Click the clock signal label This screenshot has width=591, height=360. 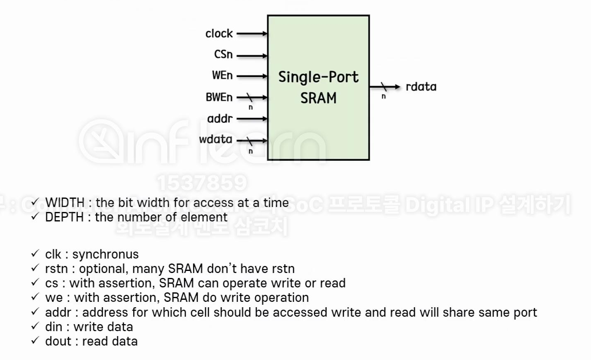[x=219, y=33]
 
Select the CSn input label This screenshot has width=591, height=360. [x=223, y=54]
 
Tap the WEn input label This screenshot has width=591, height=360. [x=222, y=75]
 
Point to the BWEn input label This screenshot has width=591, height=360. [x=219, y=97]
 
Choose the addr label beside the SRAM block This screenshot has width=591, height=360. [x=220, y=119]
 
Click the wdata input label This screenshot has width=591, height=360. [x=215, y=139]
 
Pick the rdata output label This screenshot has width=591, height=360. [x=421, y=87]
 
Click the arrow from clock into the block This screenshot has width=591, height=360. [x=252, y=34]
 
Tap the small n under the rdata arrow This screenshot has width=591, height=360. [x=383, y=96]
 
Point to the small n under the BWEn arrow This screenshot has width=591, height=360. [x=251, y=108]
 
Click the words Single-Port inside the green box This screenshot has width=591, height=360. [x=318, y=77]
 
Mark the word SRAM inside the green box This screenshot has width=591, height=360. [x=318, y=98]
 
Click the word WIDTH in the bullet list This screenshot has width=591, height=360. [x=65, y=203]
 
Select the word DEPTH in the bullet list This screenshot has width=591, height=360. [x=64, y=217]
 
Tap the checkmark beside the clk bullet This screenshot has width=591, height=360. [x=35, y=253]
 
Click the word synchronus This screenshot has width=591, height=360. [x=105, y=254]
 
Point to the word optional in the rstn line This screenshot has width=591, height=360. [x=103, y=269]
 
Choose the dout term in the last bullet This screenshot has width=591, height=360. [x=58, y=341]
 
